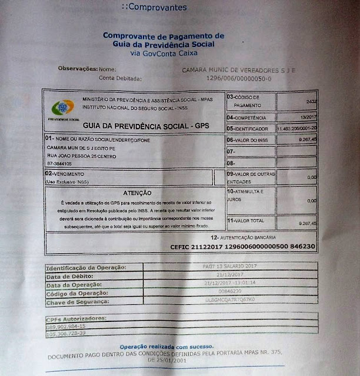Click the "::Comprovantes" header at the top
pos(154,8)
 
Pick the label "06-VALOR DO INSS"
pos(248,140)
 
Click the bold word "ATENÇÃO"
pos(138,193)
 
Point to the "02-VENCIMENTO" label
pos(64,174)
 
